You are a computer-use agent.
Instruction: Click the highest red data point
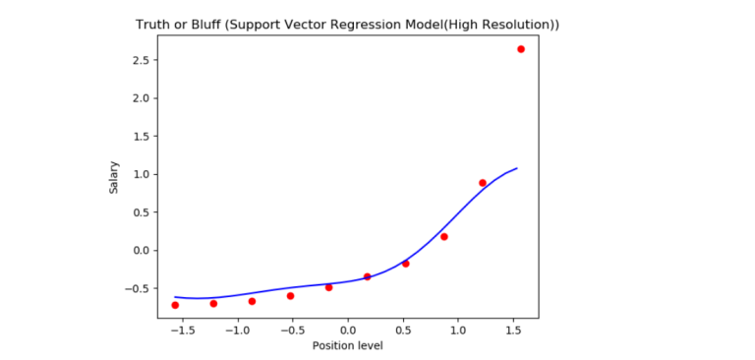[521, 49]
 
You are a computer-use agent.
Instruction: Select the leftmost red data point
[175, 305]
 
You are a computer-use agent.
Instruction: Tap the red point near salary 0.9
[483, 183]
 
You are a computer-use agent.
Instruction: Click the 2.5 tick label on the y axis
[140, 61]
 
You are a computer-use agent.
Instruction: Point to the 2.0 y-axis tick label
[140, 98]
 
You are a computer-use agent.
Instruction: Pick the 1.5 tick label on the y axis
[140, 137]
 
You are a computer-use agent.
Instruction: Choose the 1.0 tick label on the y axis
[140, 174]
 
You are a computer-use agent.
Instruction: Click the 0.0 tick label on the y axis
[140, 251]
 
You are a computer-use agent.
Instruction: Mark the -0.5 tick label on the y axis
[137, 288]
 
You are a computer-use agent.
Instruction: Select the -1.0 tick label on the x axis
[236, 330]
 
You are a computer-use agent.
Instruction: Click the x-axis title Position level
[347, 345]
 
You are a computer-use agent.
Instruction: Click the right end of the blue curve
[517, 168]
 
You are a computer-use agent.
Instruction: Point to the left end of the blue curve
[175, 296]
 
